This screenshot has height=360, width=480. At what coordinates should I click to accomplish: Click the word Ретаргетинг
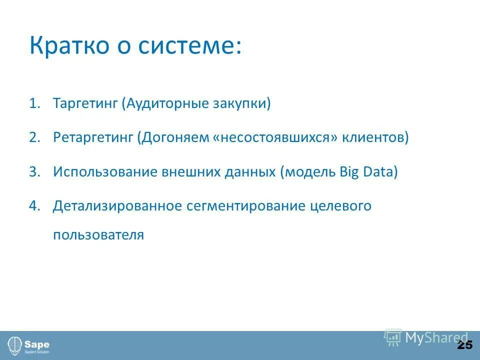tap(93, 138)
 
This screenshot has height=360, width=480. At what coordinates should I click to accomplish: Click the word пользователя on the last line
tap(98, 235)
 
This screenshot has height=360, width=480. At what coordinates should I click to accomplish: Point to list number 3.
tap(33, 172)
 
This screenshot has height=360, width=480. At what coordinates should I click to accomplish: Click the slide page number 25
tap(464, 345)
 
